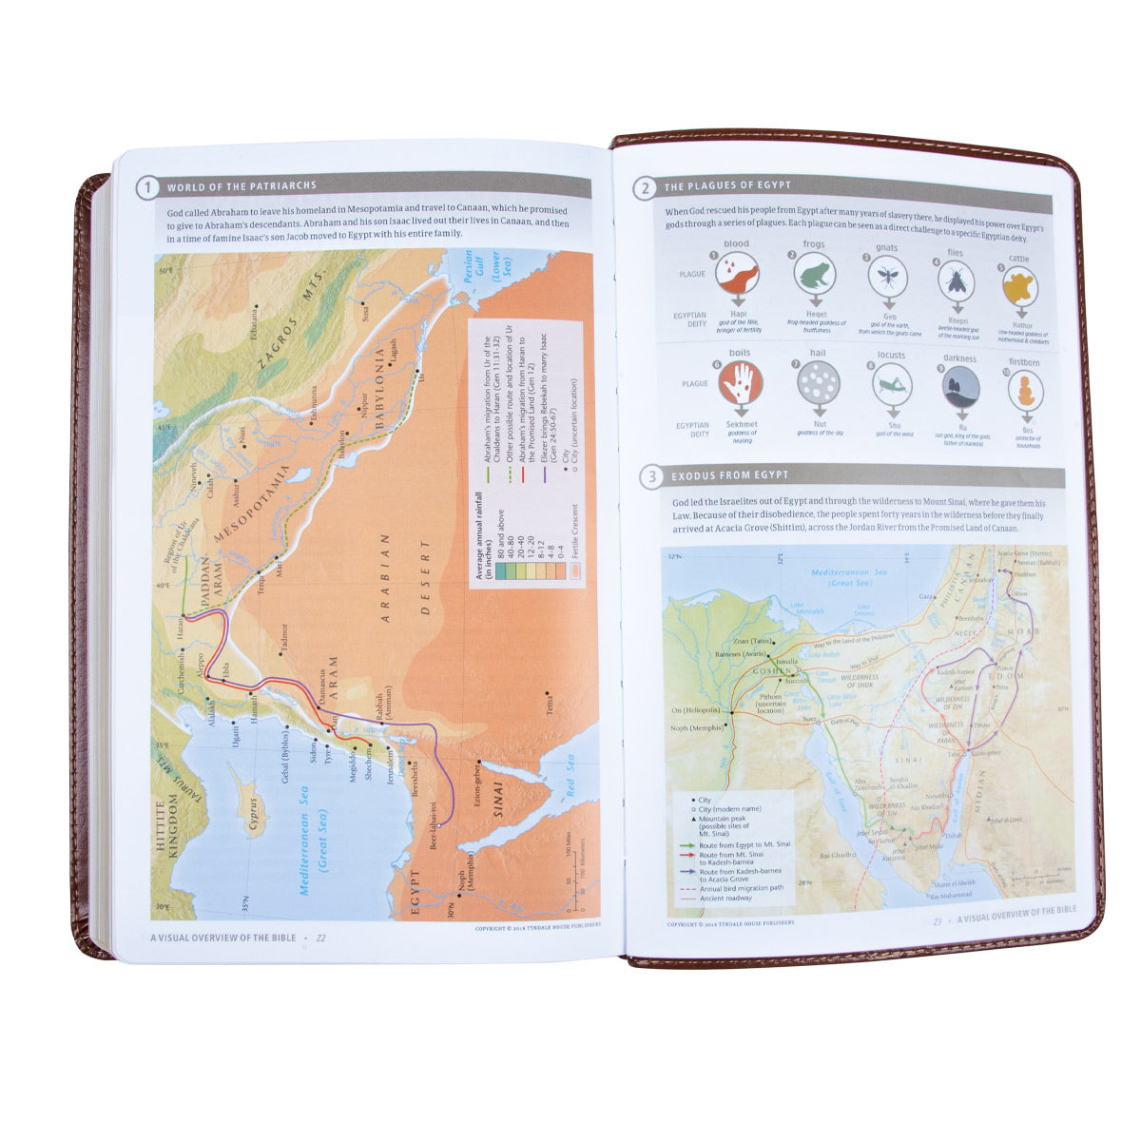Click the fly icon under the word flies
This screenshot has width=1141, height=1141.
(x=955, y=280)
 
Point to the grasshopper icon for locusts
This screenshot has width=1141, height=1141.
(x=892, y=385)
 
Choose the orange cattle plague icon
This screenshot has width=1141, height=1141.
(x=1020, y=284)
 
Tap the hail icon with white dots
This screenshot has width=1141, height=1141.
(x=817, y=384)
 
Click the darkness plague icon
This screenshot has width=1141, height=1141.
(x=960, y=387)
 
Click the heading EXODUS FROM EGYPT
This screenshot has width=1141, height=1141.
(x=729, y=475)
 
